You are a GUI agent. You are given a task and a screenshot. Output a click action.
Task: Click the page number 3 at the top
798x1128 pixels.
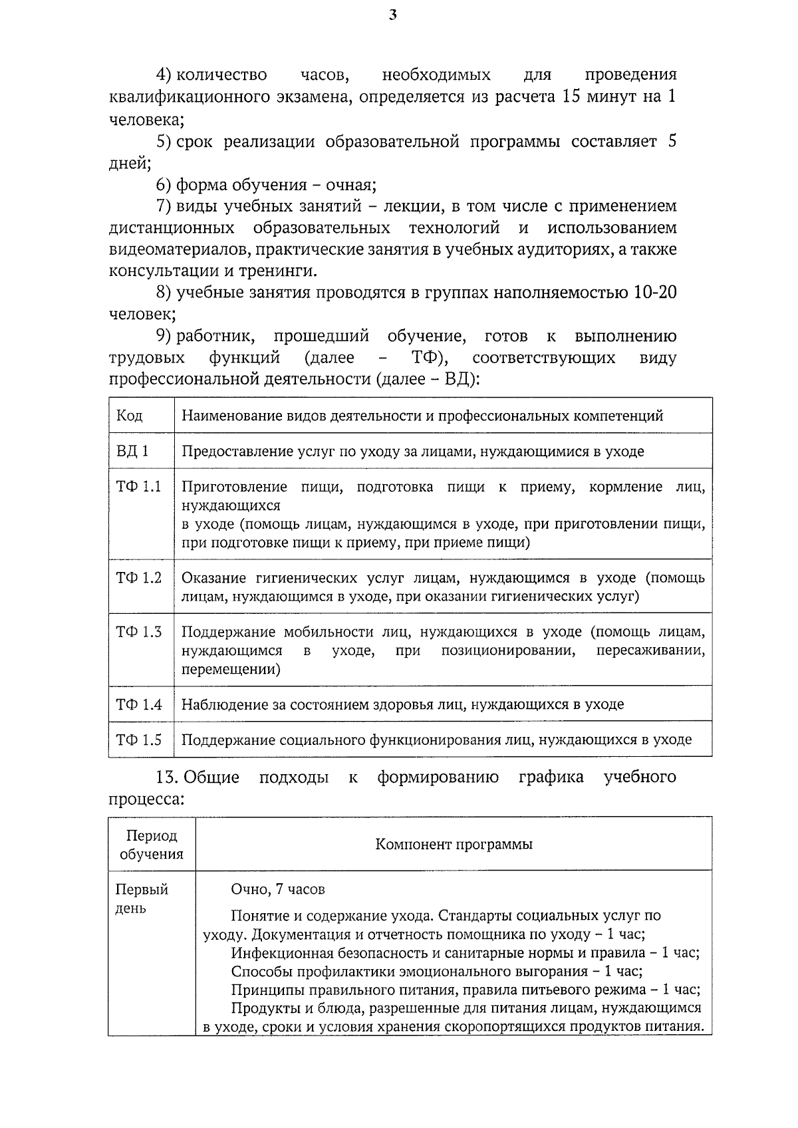pos(392,15)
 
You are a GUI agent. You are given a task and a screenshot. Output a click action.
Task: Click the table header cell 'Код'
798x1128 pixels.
pos(130,416)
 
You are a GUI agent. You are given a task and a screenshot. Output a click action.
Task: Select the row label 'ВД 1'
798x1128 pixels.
pos(132,452)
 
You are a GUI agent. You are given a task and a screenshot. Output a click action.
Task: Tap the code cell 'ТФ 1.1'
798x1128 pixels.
pos(139,487)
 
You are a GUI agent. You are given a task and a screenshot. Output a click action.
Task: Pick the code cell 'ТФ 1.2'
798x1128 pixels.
pos(139,578)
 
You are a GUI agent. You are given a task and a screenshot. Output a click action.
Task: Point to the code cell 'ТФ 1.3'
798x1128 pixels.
pos(139,632)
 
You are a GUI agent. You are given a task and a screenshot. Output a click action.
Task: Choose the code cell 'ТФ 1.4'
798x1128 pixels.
pos(139,704)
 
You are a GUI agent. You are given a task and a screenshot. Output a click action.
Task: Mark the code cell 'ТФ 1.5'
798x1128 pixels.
pos(139,740)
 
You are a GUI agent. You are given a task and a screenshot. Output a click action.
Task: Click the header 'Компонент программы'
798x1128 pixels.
pos(454,845)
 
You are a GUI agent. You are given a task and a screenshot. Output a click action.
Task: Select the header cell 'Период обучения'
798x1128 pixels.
pos(152,845)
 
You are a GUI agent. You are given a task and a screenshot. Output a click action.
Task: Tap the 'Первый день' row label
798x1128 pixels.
pos(142,899)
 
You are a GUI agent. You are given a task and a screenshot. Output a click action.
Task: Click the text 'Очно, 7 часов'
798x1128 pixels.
pos(278,889)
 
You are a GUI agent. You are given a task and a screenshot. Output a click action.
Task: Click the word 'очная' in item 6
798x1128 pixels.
pos(346,185)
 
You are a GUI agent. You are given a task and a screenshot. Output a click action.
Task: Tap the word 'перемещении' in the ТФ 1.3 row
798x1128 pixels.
pos(231,669)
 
